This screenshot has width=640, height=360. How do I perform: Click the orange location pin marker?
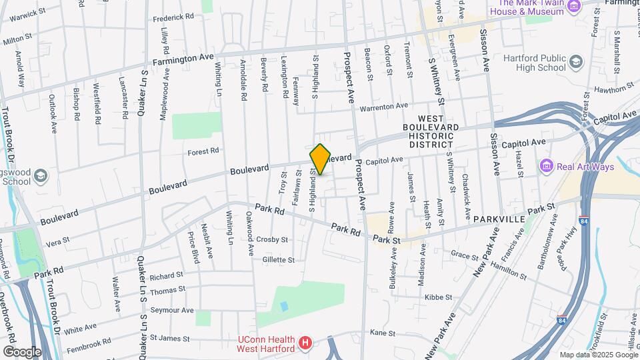coord(321,159)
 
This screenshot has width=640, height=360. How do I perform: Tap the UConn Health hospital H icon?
coord(305,343)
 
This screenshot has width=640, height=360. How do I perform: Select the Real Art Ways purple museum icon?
coord(547,165)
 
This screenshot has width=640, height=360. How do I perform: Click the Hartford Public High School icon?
coord(575,63)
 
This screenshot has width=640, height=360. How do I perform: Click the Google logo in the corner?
coord(21,351)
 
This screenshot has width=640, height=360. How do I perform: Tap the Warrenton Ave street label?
coord(383,107)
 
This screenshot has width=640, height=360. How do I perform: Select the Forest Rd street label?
coord(203,151)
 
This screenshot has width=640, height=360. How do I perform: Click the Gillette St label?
coord(278,259)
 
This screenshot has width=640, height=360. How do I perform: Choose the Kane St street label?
coord(383,333)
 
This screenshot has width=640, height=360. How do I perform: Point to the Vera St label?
coord(59,244)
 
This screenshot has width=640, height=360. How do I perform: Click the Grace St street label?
coord(460,254)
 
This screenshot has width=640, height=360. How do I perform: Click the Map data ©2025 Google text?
coord(599,355)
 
